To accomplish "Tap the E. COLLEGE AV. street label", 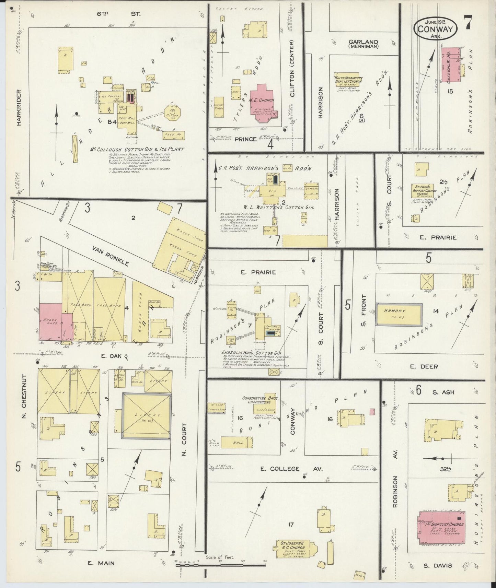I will pyautogui.click(x=291, y=469).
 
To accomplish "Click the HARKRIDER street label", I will pyautogui.click(x=19, y=107).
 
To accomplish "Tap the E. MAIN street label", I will pyautogui.click(x=101, y=563).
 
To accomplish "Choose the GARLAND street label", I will pyautogui.click(x=363, y=42).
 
